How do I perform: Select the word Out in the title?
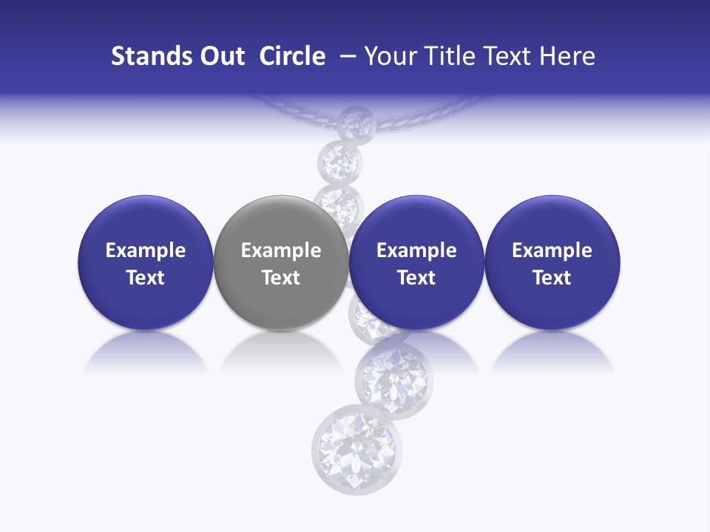tap(223, 56)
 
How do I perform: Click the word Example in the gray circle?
tap(281, 250)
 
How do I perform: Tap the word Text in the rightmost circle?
tap(552, 278)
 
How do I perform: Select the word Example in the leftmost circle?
tap(145, 250)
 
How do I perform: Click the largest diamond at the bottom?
tap(349, 451)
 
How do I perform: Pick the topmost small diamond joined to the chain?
tap(354, 122)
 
